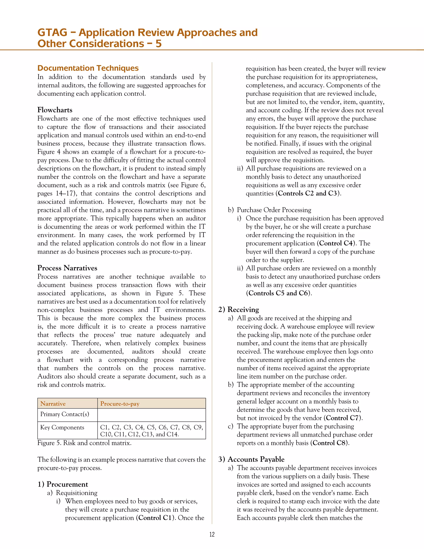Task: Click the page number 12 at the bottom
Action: coord(212,534)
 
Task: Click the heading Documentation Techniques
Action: coord(88,68)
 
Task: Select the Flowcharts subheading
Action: coord(55,110)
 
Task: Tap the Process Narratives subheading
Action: coord(67,268)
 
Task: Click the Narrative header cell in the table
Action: coord(53,404)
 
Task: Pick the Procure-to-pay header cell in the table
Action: coord(120,404)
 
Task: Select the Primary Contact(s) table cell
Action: coord(65,414)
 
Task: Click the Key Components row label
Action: coord(62,428)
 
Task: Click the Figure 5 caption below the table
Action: coord(84,443)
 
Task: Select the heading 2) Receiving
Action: coord(239,310)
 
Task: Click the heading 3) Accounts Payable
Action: coord(251,459)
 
